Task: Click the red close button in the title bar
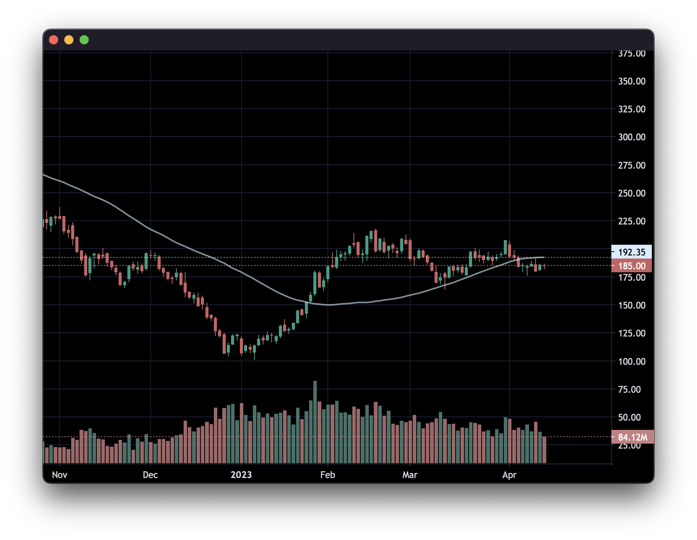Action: coord(54,40)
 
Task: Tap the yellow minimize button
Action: coord(69,40)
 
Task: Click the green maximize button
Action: coord(84,40)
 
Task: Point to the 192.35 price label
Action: coord(632,252)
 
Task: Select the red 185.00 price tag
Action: coord(632,266)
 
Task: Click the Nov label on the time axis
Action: coord(60,475)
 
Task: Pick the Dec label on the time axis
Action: coord(150,475)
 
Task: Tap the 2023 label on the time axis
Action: coord(241,475)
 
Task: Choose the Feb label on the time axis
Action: coord(327,475)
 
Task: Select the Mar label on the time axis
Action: coord(410,475)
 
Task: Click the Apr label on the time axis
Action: coord(509,475)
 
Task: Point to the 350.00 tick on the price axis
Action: coord(632,81)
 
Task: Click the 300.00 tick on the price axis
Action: coord(632,137)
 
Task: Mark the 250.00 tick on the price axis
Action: coord(632,193)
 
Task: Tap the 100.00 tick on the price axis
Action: coord(632,361)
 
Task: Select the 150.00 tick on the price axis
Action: coord(632,305)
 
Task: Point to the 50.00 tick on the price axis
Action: coord(632,417)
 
